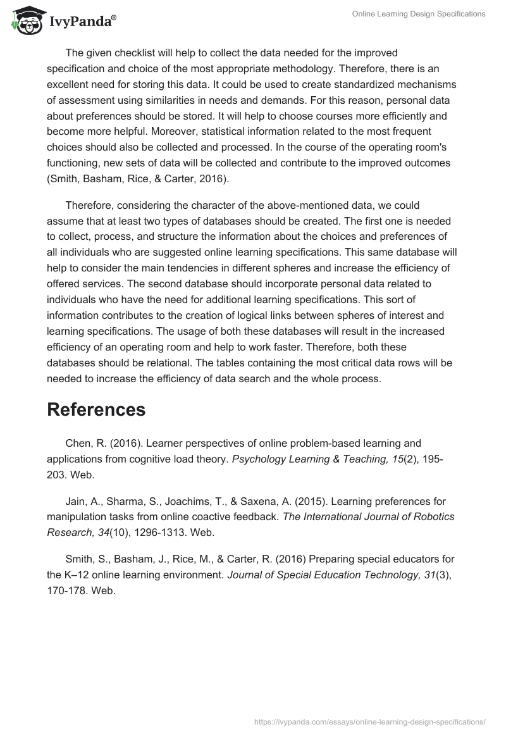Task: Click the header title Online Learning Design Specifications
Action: [419, 13]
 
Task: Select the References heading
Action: [96, 409]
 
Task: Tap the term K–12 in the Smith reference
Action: [78, 575]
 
